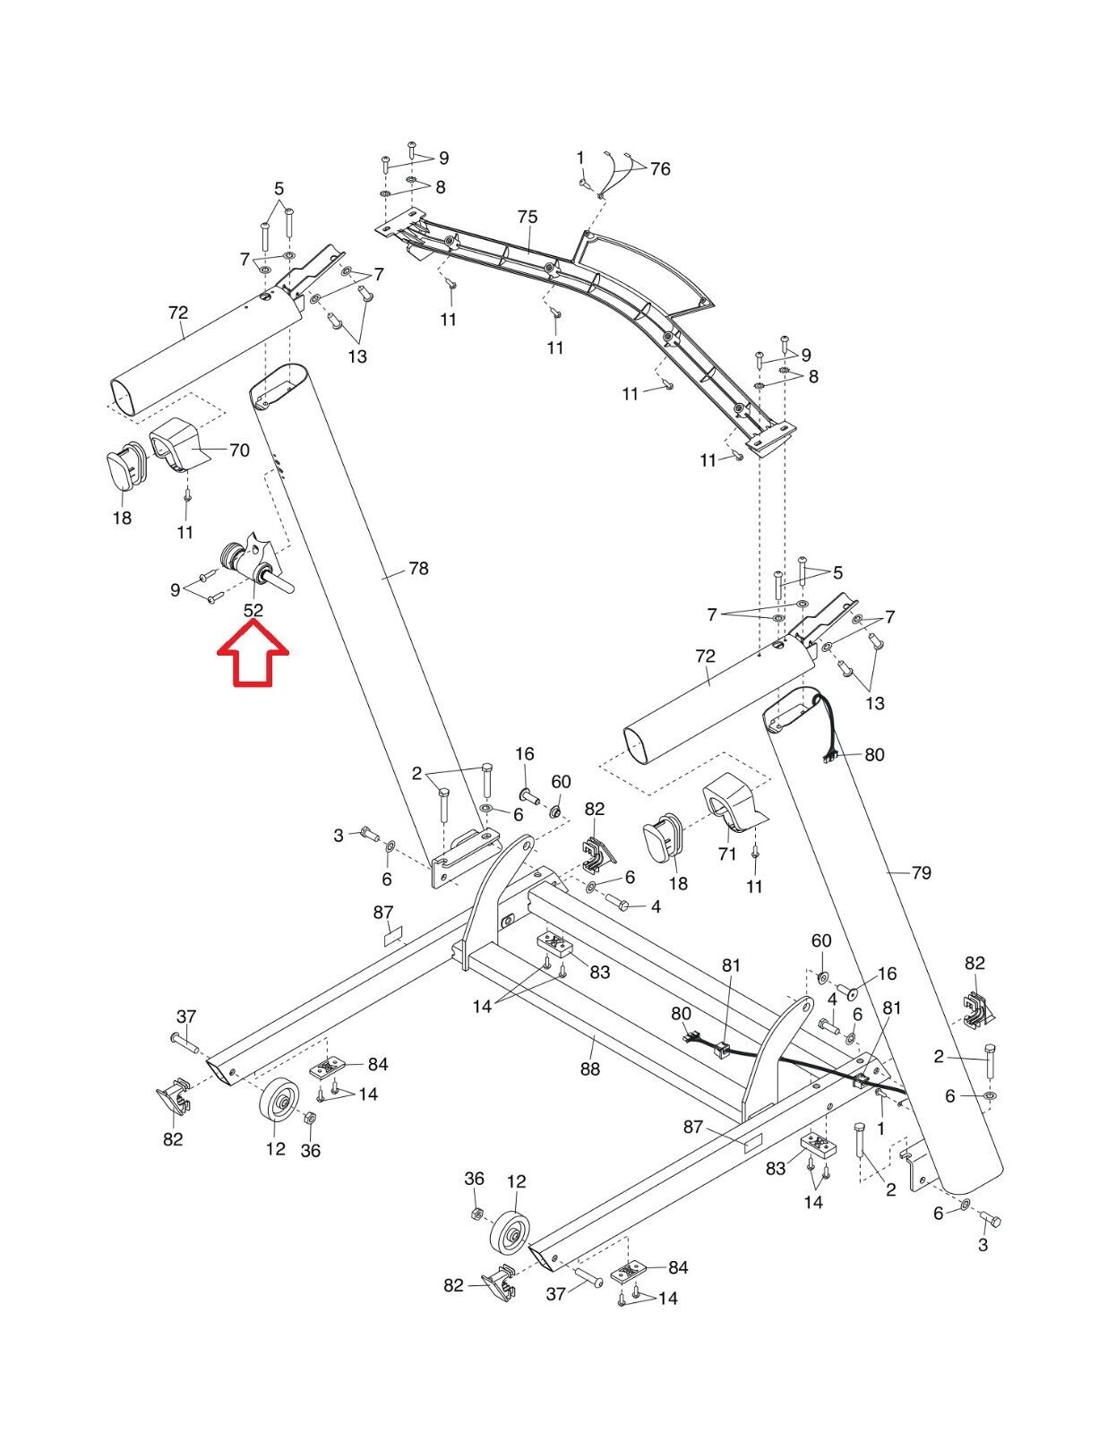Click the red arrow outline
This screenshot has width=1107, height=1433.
[x=253, y=656]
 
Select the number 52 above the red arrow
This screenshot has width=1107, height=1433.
[x=253, y=611]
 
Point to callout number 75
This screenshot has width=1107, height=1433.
[x=528, y=218]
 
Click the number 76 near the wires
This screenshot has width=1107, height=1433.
[x=660, y=169]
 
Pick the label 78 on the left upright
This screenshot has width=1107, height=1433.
[x=418, y=569]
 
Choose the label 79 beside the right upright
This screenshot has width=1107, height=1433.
[x=921, y=872]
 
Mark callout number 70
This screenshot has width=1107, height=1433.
[x=239, y=450]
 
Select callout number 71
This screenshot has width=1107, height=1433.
[x=727, y=854]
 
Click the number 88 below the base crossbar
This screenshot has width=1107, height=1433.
[x=589, y=1068]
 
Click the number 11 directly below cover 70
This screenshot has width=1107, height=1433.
[x=184, y=532]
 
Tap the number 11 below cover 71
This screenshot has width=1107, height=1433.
[x=755, y=887]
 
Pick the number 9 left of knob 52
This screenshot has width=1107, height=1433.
[x=176, y=590]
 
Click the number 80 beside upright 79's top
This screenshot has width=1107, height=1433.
[x=874, y=755]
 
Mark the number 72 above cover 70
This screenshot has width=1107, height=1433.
[x=177, y=313]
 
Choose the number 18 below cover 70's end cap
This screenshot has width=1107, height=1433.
[x=122, y=518]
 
